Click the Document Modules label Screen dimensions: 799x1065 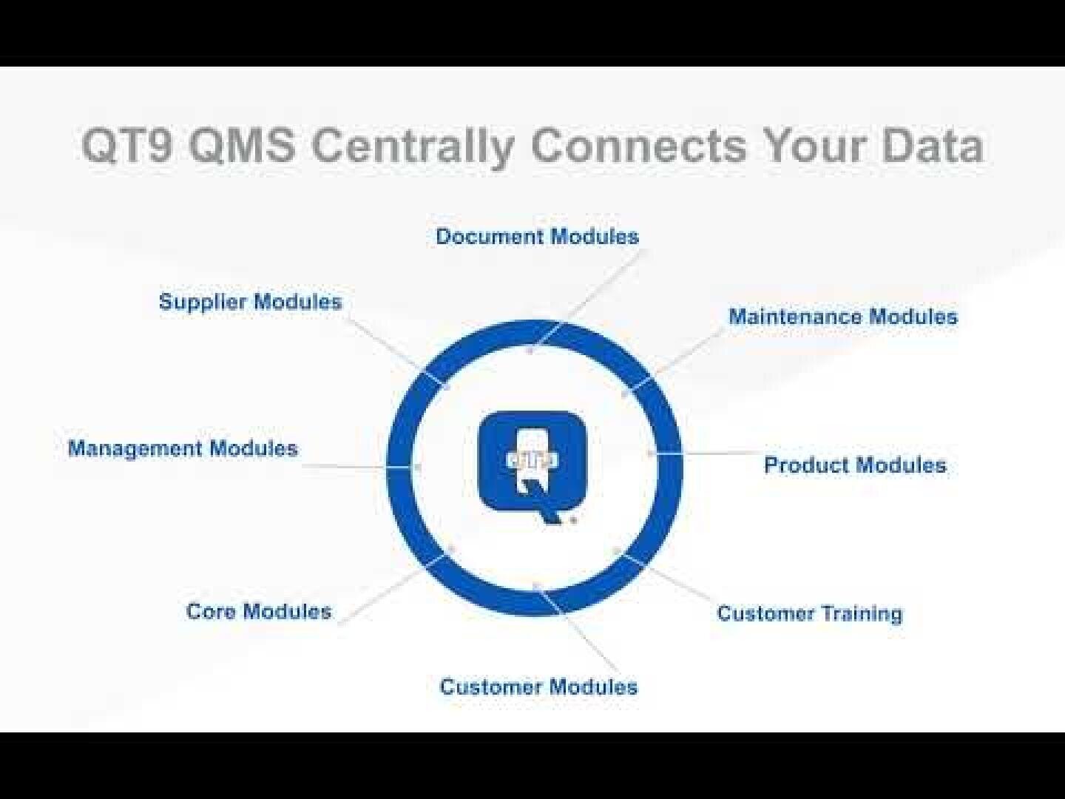(537, 237)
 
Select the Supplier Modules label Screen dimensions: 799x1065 (250, 302)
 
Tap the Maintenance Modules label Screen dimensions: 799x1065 (842, 317)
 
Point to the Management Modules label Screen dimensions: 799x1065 (183, 448)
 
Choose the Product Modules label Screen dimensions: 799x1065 (855, 465)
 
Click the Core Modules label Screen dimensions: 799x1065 (259, 611)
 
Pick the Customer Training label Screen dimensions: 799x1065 (810, 613)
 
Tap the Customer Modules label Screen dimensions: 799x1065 (538, 687)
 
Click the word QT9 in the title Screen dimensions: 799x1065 (126, 145)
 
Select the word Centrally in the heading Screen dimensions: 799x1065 (411, 146)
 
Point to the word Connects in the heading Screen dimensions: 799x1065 (638, 145)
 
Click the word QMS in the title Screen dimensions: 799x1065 (241, 145)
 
